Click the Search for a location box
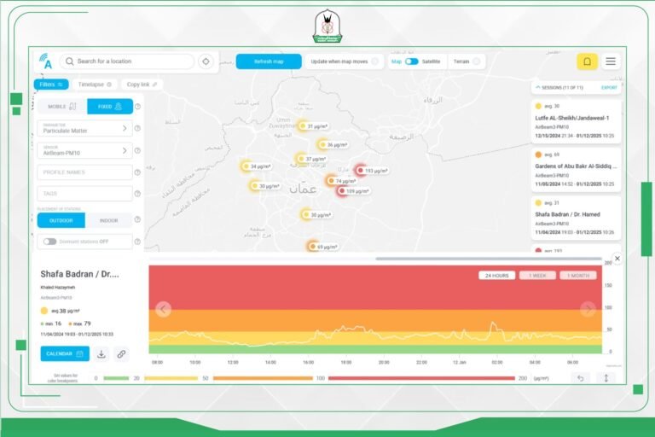click(128, 61)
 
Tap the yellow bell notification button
click(587, 61)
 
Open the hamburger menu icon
click(611, 61)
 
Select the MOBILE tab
click(61, 107)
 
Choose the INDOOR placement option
click(109, 220)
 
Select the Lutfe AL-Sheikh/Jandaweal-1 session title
click(571, 118)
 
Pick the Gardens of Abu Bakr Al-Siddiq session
click(576, 166)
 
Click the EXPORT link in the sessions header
click(609, 88)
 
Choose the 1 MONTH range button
click(578, 276)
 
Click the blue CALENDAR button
click(64, 353)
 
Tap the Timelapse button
click(95, 84)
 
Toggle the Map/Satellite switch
click(411, 61)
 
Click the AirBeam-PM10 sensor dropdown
click(84, 150)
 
